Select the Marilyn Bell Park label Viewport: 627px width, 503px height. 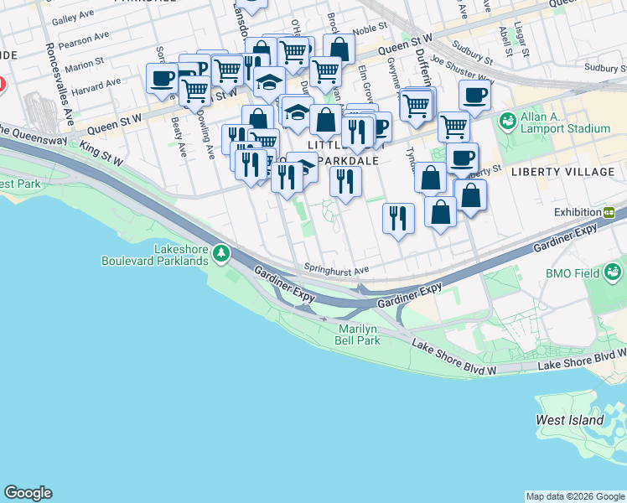tap(360, 334)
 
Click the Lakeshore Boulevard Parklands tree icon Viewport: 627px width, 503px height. tap(220, 252)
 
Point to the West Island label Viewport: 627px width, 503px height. tap(570, 420)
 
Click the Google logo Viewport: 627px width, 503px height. tap(28, 493)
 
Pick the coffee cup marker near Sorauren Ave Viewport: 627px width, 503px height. tap(163, 80)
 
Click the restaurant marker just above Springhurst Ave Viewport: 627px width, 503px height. tap(398, 218)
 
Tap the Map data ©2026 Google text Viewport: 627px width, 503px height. tap(575, 496)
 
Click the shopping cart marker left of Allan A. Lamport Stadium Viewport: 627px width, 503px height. tap(453, 127)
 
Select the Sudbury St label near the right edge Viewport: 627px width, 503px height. tap(605, 68)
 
